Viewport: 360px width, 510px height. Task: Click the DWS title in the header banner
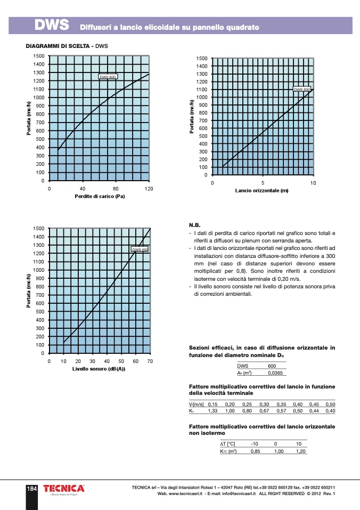pyautogui.click(x=52, y=25)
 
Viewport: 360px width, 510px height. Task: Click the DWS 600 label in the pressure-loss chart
pyautogui.click(x=108, y=77)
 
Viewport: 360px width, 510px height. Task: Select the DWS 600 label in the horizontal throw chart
pyautogui.click(x=302, y=90)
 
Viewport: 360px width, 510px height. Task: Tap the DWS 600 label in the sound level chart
pyautogui.click(x=140, y=249)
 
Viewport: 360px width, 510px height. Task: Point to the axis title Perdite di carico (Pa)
pyautogui.click(x=100, y=197)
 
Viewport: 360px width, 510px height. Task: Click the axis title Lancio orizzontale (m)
pyautogui.click(x=262, y=191)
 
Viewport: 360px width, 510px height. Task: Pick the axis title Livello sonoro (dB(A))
pyautogui.click(x=99, y=369)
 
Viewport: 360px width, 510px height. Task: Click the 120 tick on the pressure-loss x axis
pyautogui.click(x=149, y=189)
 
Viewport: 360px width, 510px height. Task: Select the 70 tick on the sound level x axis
pyautogui.click(x=150, y=361)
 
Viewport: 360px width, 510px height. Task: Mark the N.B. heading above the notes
pyautogui.click(x=195, y=225)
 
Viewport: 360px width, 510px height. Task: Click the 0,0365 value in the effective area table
pyautogui.click(x=272, y=373)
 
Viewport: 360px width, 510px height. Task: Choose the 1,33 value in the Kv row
pyautogui.click(x=212, y=411)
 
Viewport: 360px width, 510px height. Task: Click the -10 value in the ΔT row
pyautogui.click(x=255, y=444)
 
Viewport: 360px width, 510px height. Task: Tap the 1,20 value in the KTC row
pyautogui.click(x=301, y=451)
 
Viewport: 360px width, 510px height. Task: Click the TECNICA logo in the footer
pyautogui.click(x=64, y=489)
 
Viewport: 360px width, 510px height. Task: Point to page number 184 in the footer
pyautogui.click(x=32, y=489)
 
